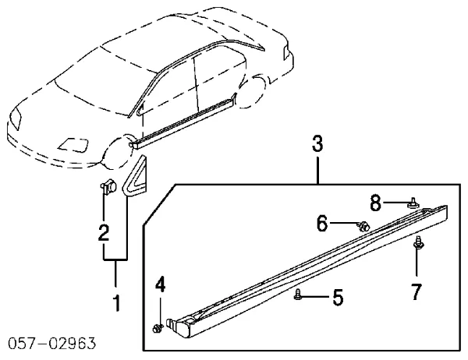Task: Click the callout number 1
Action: click(x=117, y=303)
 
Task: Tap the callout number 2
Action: click(x=104, y=231)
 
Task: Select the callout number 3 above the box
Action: click(x=317, y=143)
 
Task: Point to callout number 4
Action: click(x=160, y=284)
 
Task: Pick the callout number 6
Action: click(x=322, y=223)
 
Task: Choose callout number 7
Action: click(x=416, y=291)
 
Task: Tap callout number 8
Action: click(x=375, y=203)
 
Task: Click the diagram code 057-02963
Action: click(x=52, y=344)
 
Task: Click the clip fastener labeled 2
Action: click(x=108, y=186)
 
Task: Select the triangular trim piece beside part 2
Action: click(x=135, y=176)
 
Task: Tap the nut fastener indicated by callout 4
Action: click(x=158, y=328)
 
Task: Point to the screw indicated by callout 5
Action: click(x=298, y=295)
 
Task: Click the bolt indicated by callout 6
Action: click(x=363, y=227)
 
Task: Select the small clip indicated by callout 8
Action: click(x=413, y=203)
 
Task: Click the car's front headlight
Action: click(x=16, y=118)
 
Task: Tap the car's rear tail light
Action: click(x=286, y=52)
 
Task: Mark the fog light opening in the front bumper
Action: click(x=73, y=144)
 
